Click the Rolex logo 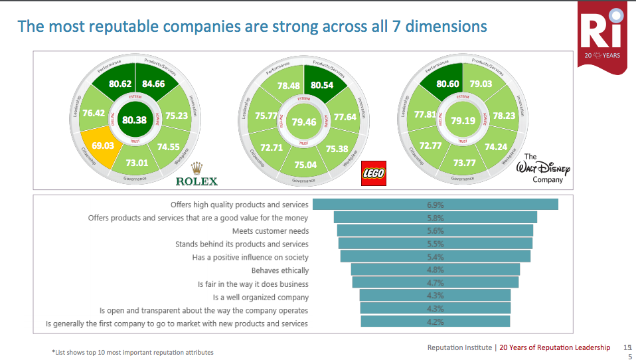click(196, 175)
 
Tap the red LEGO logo click(373, 174)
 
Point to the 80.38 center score click(135, 120)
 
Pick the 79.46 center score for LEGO click(303, 122)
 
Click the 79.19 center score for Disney click(463, 121)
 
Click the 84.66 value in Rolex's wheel click(153, 84)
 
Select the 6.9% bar click(435, 205)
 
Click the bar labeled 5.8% click(435, 218)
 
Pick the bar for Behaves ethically click(435, 270)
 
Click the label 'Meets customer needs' click(270, 231)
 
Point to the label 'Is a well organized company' click(260, 297)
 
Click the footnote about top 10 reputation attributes click(133, 352)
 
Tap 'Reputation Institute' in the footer click(459, 347)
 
